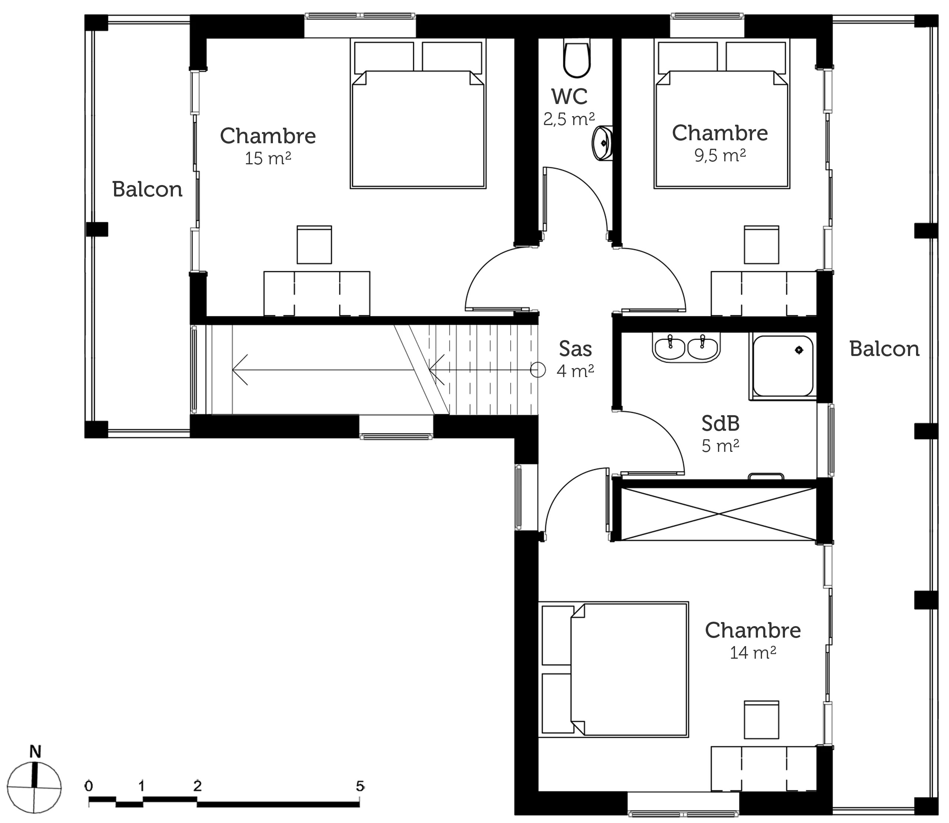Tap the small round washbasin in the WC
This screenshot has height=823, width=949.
click(602, 143)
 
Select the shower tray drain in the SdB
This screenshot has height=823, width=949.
click(799, 350)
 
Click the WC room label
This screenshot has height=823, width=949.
click(569, 97)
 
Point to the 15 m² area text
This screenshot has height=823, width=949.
click(268, 158)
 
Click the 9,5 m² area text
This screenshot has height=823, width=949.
click(720, 156)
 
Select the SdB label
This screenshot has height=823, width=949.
click(721, 423)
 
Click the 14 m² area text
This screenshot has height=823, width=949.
click(753, 653)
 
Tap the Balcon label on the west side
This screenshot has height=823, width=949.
click(147, 189)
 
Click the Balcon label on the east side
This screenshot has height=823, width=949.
click(884, 349)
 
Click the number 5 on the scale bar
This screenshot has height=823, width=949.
click(360, 786)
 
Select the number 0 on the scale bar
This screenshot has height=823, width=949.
click(89, 786)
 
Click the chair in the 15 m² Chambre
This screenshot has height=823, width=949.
click(314, 245)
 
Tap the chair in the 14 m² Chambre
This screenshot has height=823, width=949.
click(762, 719)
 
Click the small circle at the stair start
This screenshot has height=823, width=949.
click(538, 370)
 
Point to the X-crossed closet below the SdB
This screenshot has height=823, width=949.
click(719, 514)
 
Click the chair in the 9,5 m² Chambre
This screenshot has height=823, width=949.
click(762, 245)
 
